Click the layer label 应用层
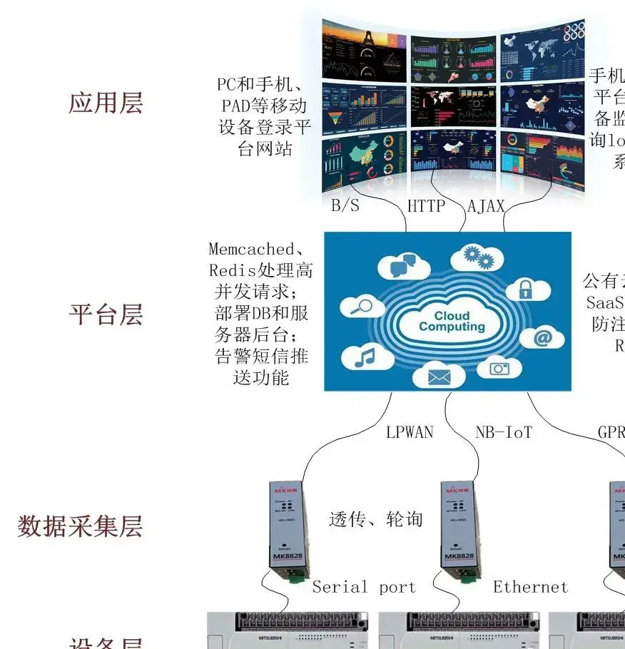106,103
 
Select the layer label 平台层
106,315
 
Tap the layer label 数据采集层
80,526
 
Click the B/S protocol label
345,207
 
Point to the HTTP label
426,207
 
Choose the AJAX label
486,207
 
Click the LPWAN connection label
410,432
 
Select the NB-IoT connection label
504,432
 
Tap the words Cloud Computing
452,322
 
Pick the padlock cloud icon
526,289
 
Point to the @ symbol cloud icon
542,337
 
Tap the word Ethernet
531,587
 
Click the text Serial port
364,587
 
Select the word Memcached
251,249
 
